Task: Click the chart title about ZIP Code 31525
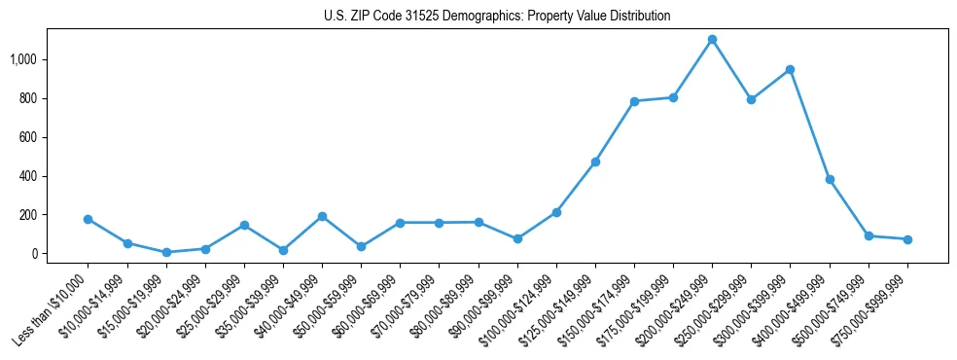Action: pos(497,17)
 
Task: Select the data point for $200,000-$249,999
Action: pos(712,40)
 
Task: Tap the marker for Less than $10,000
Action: pos(88,219)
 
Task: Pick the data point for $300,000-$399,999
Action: pos(790,69)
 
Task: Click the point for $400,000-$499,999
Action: pos(830,179)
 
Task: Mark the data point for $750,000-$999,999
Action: pos(907,239)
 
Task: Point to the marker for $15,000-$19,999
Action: pos(166,252)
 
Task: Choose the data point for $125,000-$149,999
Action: pos(595,162)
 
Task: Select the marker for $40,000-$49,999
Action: pos(322,216)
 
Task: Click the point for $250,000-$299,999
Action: pos(751,99)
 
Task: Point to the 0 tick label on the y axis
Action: pos(40,254)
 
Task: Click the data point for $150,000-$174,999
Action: pos(634,101)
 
